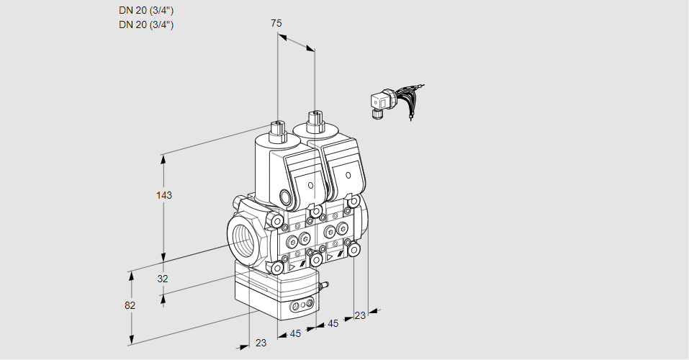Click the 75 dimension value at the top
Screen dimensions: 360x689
276,23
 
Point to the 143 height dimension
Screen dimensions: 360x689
166,195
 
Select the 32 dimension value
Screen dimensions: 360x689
163,279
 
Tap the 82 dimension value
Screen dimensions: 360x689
130,305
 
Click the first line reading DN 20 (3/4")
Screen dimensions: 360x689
146,10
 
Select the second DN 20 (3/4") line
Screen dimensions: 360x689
146,24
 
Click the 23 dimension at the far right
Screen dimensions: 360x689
360,315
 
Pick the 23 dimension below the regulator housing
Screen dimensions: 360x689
261,343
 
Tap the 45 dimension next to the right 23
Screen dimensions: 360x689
333,324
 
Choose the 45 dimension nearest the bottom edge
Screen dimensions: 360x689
295,333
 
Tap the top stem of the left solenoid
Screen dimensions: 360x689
276,130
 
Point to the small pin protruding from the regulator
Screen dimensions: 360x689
325,286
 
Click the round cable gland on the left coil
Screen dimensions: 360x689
287,197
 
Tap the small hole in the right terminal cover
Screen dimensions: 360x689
348,175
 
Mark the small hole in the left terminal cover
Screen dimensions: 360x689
311,185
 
